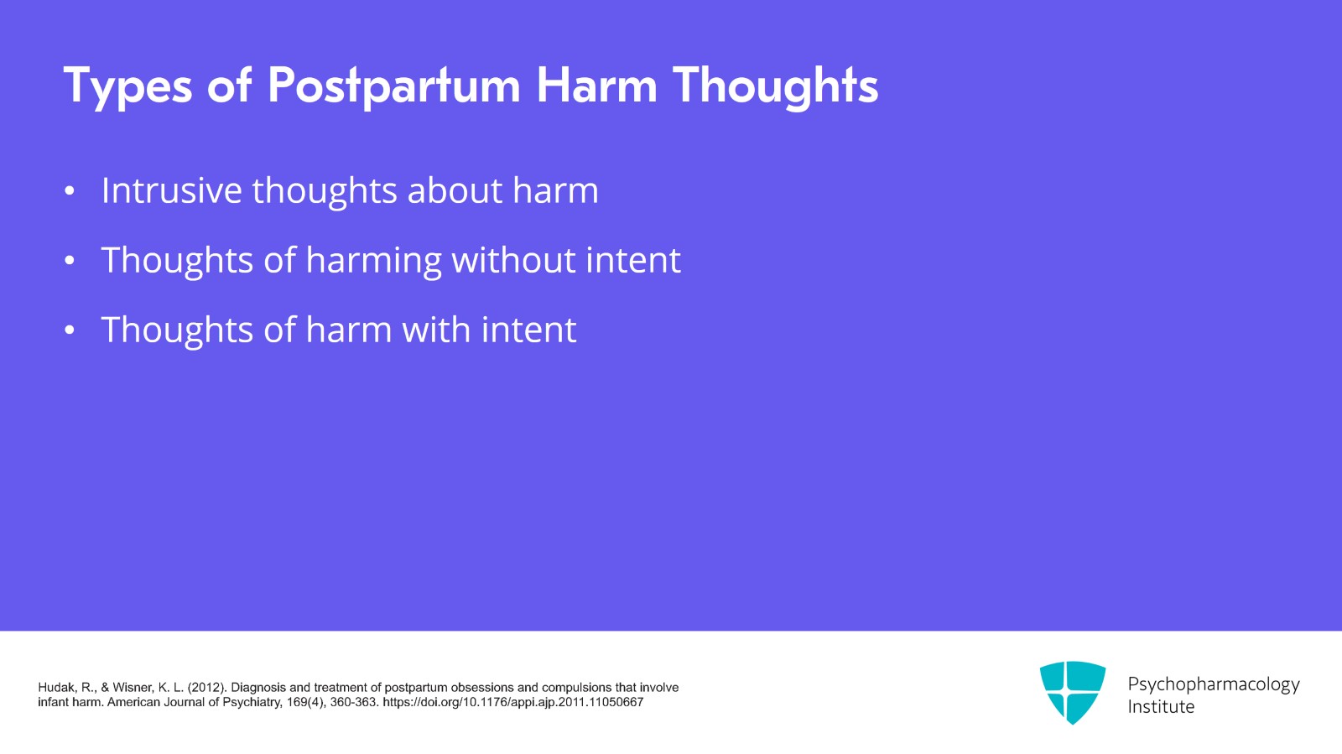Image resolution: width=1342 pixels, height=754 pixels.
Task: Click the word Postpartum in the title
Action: [x=393, y=86]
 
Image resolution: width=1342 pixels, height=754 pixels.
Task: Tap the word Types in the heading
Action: [x=127, y=86]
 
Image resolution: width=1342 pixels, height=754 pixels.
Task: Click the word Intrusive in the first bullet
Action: [x=171, y=190]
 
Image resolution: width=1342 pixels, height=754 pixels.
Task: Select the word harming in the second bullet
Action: [x=373, y=260]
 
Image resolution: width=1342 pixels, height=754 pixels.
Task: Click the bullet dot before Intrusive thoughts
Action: [x=70, y=192]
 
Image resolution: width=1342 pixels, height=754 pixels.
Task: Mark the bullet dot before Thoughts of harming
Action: [x=70, y=262]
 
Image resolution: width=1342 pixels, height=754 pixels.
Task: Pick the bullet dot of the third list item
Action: [x=70, y=331]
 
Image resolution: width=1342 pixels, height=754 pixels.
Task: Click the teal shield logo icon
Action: [x=1072, y=692]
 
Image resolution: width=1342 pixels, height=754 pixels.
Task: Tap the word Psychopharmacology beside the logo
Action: [x=1213, y=684]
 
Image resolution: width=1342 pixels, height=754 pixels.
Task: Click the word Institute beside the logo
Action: [x=1161, y=707]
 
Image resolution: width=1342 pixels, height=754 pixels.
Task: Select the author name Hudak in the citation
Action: [x=55, y=688]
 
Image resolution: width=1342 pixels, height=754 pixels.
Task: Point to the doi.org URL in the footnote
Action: [x=512, y=702]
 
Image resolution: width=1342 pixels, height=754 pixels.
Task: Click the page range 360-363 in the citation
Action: [x=353, y=702]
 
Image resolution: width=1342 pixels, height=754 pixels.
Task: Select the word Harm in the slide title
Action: [x=596, y=86]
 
